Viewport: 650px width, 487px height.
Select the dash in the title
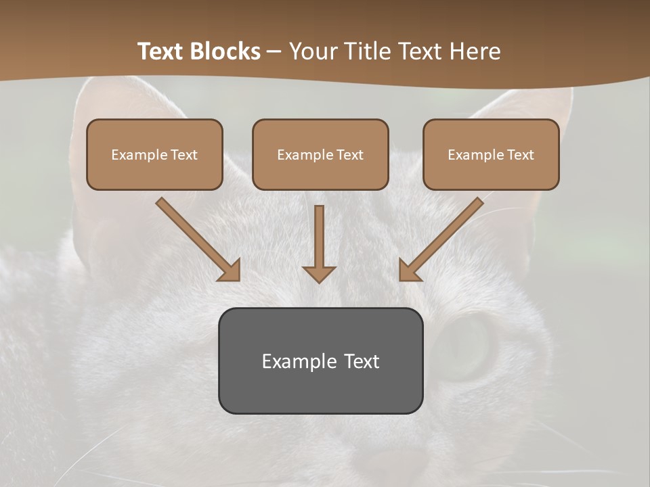274,51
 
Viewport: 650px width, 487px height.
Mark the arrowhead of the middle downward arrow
319,273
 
